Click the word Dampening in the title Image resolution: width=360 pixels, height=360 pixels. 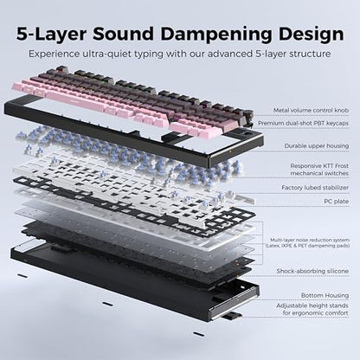pos(216,35)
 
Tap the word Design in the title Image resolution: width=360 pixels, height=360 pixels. pos(311,35)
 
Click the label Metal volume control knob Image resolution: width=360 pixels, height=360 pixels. pos(311,110)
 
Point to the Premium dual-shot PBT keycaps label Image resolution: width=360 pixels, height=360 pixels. pos(303,123)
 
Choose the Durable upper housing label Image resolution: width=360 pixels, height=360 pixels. pos(317,146)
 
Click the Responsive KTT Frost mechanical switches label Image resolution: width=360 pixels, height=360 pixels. pos(319,170)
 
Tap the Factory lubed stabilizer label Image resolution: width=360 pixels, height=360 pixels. pos(315,188)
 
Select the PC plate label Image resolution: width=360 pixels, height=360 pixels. pos(337,202)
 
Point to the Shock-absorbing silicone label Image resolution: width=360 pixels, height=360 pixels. pos(312,271)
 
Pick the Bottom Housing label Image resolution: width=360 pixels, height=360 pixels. pos(325,295)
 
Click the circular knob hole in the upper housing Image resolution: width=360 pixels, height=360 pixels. pos(248,135)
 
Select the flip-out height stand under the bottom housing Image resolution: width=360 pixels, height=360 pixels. pos(231,317)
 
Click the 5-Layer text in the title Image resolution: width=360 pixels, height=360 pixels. pos(51,35)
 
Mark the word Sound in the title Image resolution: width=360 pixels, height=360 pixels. pos(123,35)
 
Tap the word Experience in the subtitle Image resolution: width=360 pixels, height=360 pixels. pos(54,54)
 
